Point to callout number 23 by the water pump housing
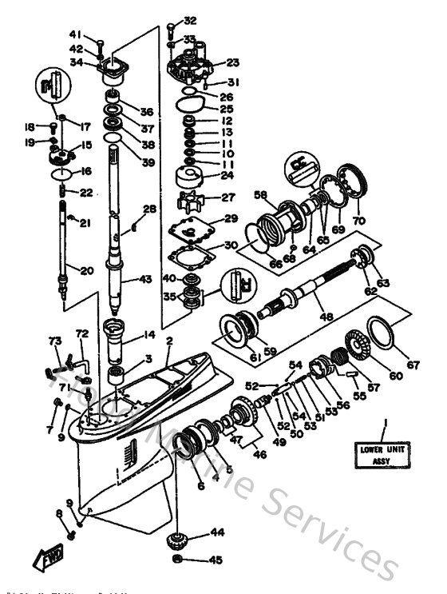click(233, 62)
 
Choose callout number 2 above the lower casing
click(168, 341)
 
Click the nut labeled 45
click(180, 560)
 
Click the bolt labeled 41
click(100, 43)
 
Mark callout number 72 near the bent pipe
click(81, 333)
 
